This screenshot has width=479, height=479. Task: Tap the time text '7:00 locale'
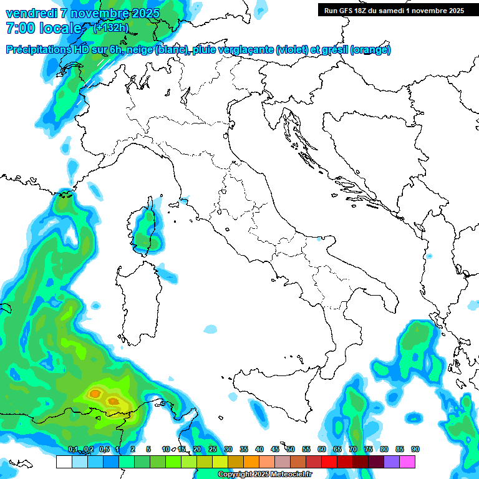pyautogui.click(x=43, y=28)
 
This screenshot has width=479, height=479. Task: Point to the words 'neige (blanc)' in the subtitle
pyautogui.click(x=154, y=50)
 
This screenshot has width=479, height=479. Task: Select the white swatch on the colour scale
pyautogui.click(x=64, y=462)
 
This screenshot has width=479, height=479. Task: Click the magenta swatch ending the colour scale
pyautogui.click(x=408, y=462)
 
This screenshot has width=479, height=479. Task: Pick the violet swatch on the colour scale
pyautogui.click(x=392, y=462)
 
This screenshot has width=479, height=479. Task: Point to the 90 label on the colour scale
pyautogui.click(x=415, y=449)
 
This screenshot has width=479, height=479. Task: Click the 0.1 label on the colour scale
pyautogui.click(x=73, y=449)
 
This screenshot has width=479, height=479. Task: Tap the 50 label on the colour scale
pyautogui.click(x=291, y=449)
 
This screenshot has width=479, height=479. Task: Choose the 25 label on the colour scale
pyautogui.click(x=212, y=449)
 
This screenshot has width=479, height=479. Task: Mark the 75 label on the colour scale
pyautogui.click(x=369, y=449)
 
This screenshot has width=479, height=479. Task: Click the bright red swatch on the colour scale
pyautogui.click(x=329, y=462)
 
